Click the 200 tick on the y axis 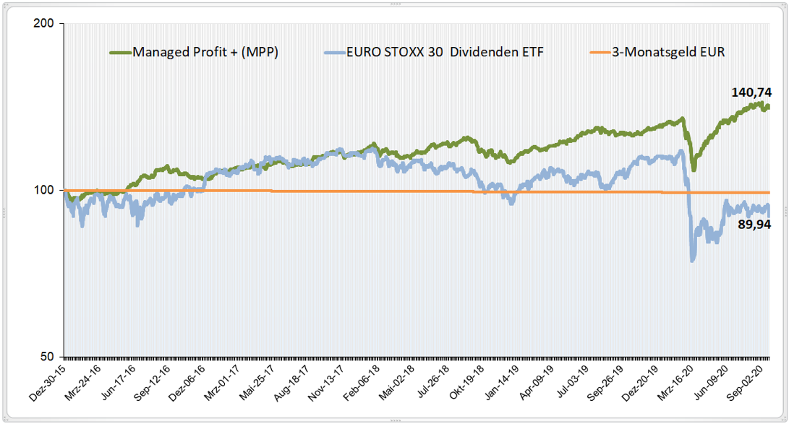45,23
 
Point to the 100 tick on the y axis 45,190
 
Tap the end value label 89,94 753,225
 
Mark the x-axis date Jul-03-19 573,379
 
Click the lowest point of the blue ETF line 693,261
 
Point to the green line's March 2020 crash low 693,170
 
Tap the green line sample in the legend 119,52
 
